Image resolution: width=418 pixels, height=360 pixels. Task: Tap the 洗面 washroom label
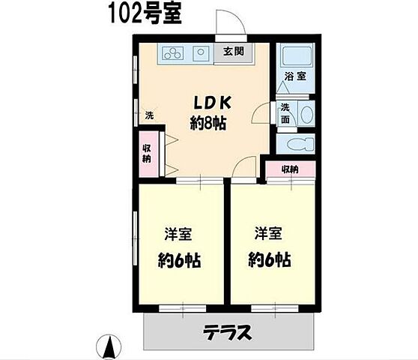[286, 113]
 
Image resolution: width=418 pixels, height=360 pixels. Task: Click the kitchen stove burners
[172, 53]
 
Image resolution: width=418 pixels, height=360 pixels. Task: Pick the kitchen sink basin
[202, 53]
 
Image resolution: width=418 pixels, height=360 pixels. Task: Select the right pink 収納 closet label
[291, 169]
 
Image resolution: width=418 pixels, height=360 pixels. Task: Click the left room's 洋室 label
[178, 234]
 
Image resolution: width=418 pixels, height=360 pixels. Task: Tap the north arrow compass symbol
[110, 346]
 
